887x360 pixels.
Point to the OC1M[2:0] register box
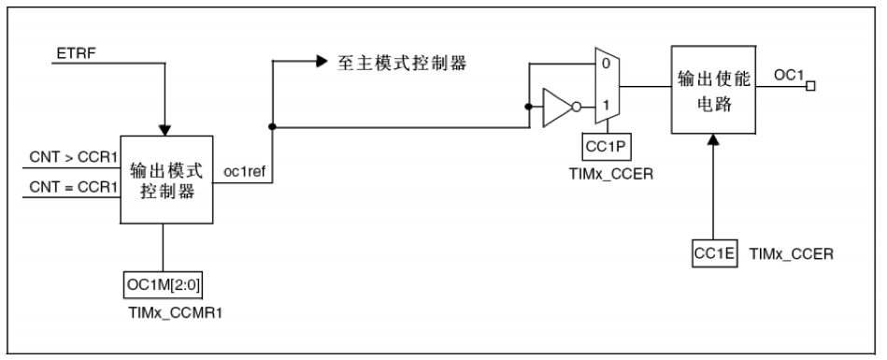tap(165, 281)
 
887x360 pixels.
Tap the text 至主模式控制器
tap(401, 65)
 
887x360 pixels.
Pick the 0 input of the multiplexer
tap(606, 65)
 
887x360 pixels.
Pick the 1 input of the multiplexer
tap(606, 107)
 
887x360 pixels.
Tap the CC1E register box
tap(713, 252)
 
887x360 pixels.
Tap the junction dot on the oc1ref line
tap(271, 126)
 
